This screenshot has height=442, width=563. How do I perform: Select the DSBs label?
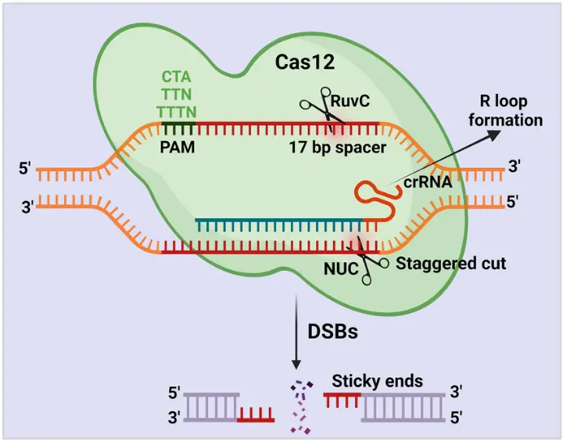click(332, 332)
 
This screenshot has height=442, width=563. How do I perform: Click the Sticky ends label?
click(378, 382)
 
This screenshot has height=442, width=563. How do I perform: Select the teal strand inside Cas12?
click(281, 221)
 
